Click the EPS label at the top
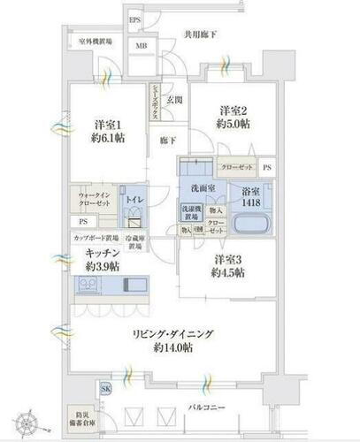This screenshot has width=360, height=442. [x=135, y=19]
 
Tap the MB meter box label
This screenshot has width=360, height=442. [x=140, y=47]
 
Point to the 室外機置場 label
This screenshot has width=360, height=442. [x=94, y=41]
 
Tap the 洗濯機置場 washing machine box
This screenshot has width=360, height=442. [x=191, y=214]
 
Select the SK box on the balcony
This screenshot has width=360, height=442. [x=106, y=390]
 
